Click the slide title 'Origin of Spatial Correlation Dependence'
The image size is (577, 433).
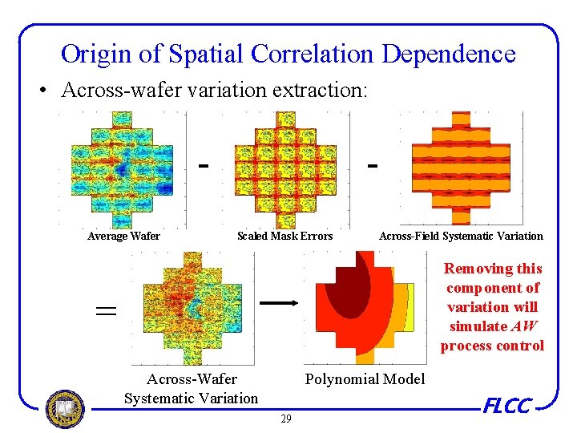[288, 54]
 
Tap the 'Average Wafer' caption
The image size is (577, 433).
[123, 236]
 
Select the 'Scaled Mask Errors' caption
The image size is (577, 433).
[284, 236]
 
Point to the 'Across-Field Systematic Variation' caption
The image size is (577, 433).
[461, 236]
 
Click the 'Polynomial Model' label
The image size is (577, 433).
[365, 378]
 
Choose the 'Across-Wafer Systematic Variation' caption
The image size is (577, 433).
[192, 388]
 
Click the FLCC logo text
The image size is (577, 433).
[506, 407]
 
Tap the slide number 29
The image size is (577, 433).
[285, 419]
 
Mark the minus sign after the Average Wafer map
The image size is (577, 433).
[204, 166]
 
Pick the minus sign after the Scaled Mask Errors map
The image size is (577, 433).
[372, 166]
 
